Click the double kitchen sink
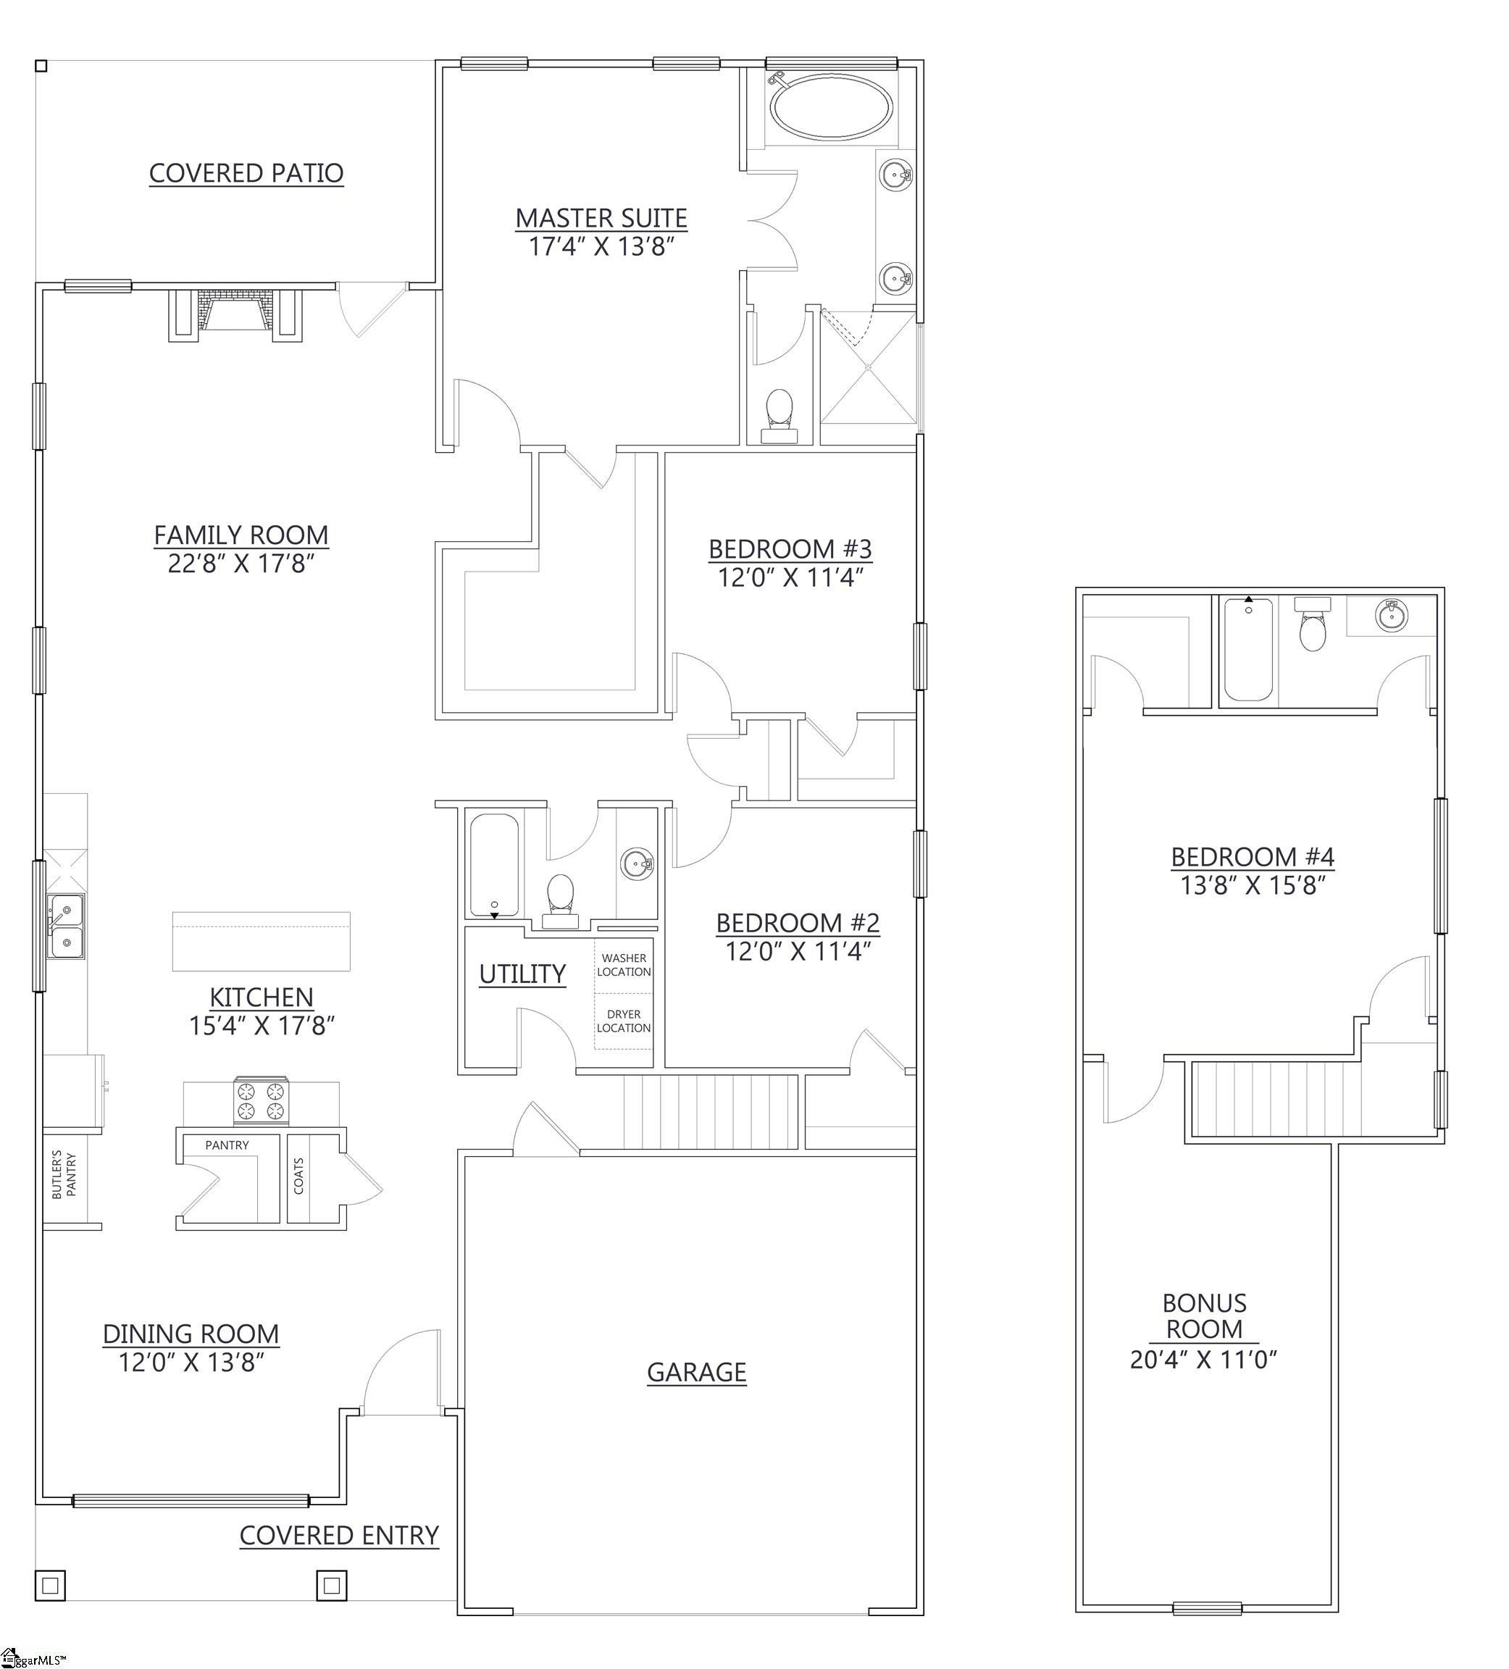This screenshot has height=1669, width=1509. tap(65, 926)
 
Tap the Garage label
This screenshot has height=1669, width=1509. tap(696, 1373)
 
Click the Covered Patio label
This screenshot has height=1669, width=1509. tap(246, 173)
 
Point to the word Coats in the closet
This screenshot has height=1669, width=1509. tap(298, 1176)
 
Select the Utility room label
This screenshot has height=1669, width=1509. tap(522, 974)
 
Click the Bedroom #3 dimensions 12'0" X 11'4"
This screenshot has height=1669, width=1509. tap(790, 577)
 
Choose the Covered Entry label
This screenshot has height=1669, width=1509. tap(338, 1536)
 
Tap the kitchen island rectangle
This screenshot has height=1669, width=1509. tap(261, 941)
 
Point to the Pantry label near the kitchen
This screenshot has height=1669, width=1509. tap(227, 1145)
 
